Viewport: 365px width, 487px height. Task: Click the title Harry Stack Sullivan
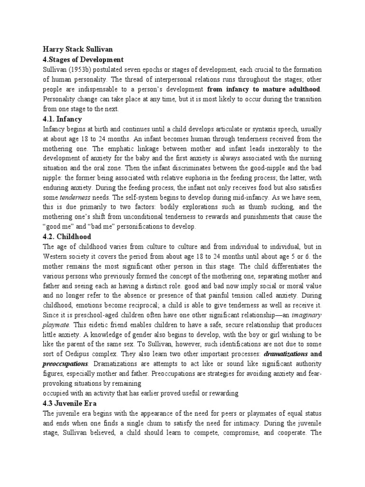(x=78, y=49)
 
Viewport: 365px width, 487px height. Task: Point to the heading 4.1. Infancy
(x=62, y=118)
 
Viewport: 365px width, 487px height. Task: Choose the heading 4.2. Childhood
(x=67, y=236)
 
